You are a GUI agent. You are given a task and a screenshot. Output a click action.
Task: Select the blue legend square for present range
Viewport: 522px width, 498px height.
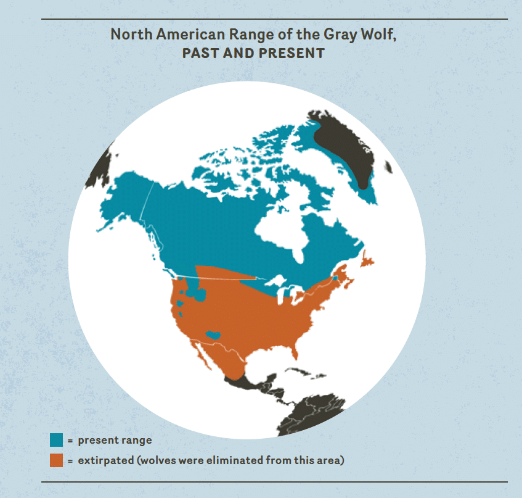point(57,441)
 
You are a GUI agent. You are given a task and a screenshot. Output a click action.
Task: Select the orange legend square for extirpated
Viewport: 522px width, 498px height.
point(57,460)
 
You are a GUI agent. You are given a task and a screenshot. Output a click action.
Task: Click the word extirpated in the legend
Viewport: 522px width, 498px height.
point(105,460)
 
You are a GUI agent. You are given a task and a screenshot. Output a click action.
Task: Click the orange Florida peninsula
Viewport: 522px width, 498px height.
point(297,351)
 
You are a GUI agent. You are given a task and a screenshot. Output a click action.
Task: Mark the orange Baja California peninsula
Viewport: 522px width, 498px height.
point(200,351)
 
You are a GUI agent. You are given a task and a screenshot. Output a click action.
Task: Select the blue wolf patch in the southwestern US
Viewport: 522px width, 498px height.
point(214,335)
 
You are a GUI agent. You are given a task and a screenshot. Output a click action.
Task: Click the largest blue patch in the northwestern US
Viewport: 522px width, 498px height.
point(199,296)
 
